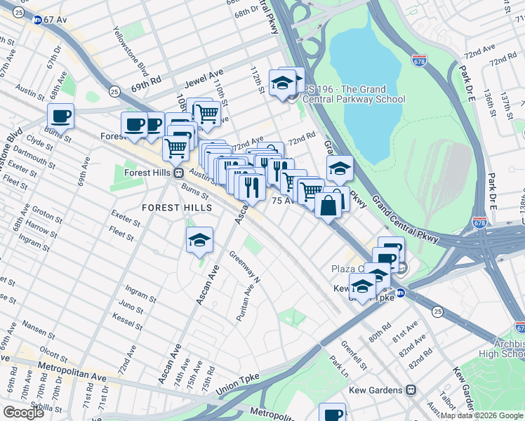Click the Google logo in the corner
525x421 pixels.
click(23, 413)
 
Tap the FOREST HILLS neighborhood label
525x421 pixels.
click(177, 208)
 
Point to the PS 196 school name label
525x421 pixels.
click(354, 94)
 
